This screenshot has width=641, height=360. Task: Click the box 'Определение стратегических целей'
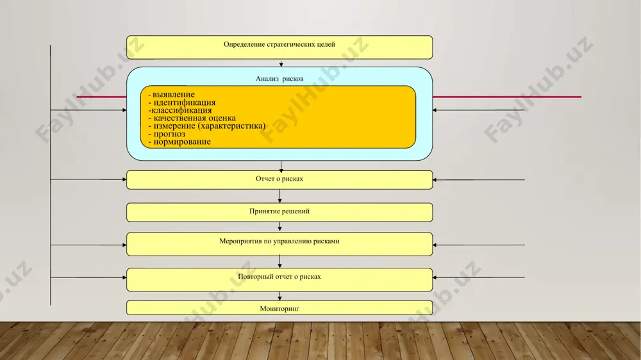click(x=279, y=47)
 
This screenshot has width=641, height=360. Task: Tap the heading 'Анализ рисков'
click(x=279, y=79)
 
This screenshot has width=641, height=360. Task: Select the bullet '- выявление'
click(x=171, y=94)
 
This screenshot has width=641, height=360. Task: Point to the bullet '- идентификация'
click(x=182, y=102)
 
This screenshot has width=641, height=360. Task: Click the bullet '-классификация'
click(x=180, y=110)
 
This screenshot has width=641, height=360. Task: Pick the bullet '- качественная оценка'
click(x=192, y=118)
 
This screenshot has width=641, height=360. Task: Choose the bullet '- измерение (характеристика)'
click(x=207, y=126)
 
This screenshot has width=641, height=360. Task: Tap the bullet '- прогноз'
click(x=167, y=134)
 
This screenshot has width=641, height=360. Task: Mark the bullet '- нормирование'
click(x=179, y=142)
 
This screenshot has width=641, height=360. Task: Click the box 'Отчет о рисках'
click(x=279, y=180)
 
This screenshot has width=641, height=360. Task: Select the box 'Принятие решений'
click(x=279, y=213)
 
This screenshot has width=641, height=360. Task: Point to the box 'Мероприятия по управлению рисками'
click(x=279, y=244)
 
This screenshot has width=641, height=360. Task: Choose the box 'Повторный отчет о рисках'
click(x=279, y=279)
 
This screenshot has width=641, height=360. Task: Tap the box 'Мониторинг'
click(x=279, y=308)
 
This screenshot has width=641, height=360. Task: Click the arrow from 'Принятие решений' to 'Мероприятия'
click(x=279, y=227)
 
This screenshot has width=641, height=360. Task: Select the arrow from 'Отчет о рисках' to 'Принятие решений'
click(x=279, y=196)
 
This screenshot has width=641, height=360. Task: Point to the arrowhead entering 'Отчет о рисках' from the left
click(x=124, y=179)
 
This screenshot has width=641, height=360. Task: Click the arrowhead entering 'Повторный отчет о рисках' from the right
click(x=435, y=277)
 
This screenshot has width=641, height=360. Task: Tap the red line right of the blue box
click(x=507, y=97)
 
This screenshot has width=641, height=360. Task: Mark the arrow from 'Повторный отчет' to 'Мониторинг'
click(x=279, y=296)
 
